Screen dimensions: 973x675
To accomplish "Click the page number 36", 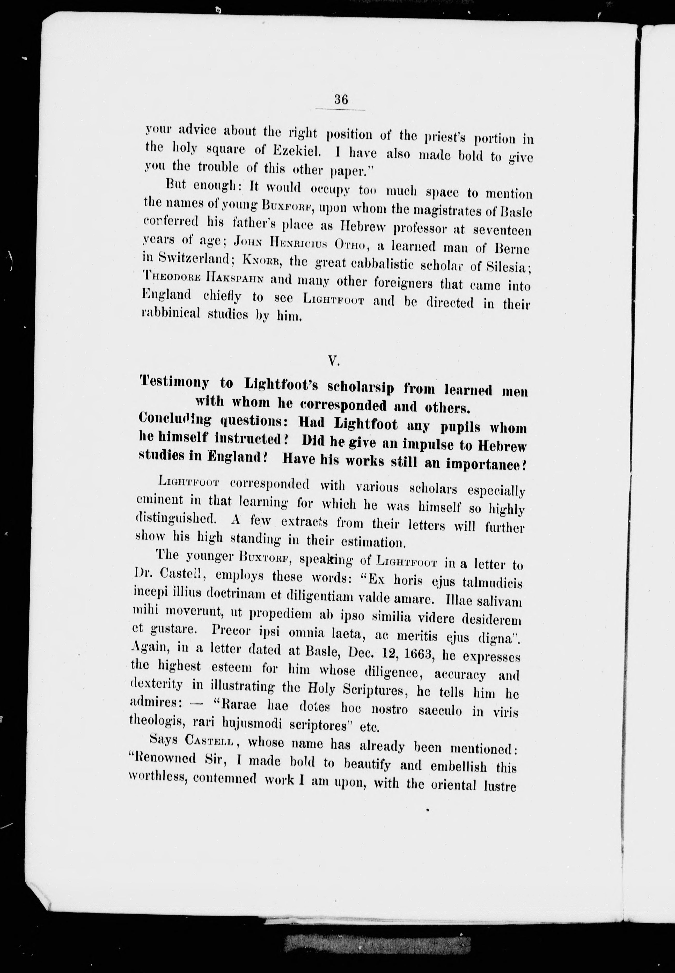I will tap(340, 100).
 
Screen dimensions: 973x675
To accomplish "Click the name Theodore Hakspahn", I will tap(204, 278).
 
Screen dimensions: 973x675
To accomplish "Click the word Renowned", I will tap(165, 757).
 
